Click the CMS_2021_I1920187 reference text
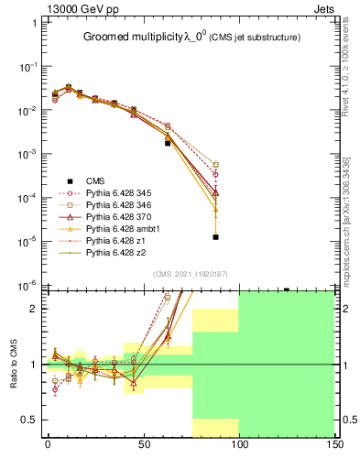coord(190,274)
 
